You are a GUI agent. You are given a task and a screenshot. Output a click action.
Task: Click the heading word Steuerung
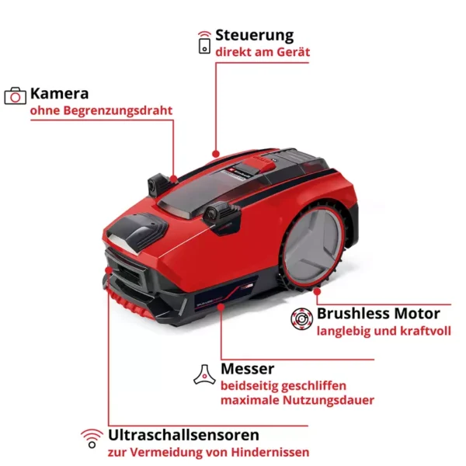point(255,36)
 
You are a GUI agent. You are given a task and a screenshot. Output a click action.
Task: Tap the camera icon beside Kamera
point(16,96)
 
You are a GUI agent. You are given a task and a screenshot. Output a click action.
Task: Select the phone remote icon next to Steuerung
point(204,43)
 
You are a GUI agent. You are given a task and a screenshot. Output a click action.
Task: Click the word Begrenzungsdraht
point(118,110)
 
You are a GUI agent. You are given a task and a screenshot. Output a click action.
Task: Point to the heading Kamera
point(60,94)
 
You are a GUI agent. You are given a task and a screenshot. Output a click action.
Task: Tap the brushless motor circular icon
point(301,319)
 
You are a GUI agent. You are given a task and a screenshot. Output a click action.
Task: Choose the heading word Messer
point(248,369)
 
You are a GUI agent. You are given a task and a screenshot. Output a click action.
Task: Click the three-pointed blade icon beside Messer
point(205,375)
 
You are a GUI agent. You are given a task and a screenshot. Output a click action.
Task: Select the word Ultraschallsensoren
point(183,435)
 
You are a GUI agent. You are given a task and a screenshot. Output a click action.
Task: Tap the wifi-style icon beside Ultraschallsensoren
point(92,438)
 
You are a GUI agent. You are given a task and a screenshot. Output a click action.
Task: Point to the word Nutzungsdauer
point(328,400)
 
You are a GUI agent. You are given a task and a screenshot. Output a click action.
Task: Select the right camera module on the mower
point(221,214)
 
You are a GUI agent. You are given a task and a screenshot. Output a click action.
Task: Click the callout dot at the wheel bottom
point(317,291)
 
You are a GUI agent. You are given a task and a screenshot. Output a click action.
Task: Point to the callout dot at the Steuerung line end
point(216,154)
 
